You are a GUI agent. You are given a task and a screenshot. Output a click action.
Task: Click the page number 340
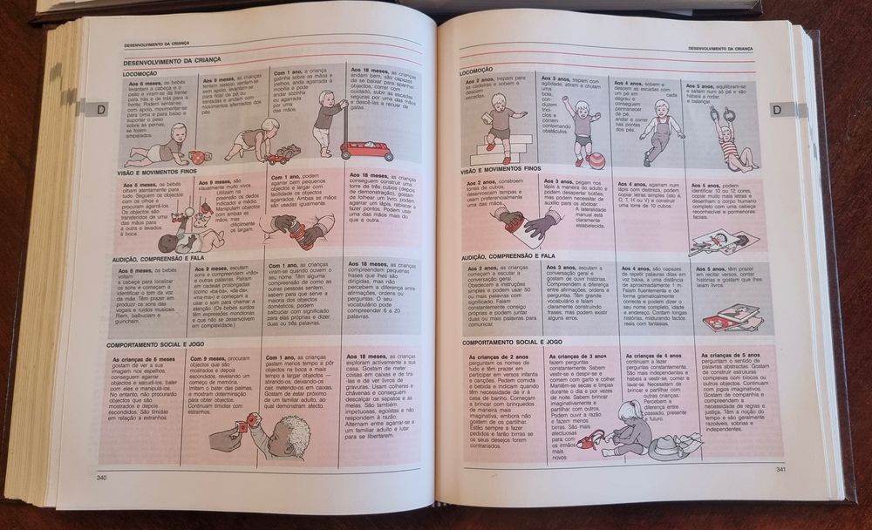[101, 477]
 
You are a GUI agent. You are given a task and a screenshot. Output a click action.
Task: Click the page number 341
[781, 471]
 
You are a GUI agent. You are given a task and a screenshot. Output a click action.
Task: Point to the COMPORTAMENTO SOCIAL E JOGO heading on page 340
[160, 344]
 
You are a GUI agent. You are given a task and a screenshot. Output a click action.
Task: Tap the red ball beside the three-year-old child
[596, 160]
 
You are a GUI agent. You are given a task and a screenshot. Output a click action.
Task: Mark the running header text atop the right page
[719, 49]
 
